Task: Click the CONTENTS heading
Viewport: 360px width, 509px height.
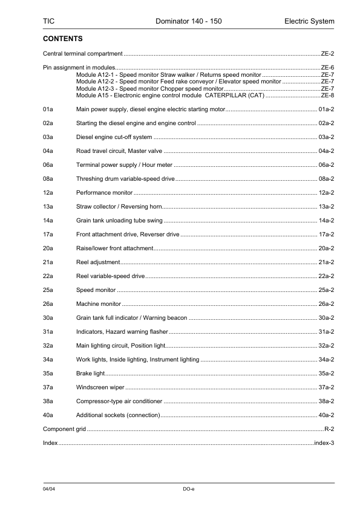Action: tap(63, 38)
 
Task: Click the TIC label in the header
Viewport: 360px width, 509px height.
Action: tap(48, 22)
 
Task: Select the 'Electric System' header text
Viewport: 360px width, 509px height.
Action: tap(309, 22)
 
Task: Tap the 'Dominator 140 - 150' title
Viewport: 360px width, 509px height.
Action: tap(188, 22)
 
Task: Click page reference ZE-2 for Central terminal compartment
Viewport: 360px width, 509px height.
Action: tap(327, 54)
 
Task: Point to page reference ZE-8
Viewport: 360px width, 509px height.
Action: tap(327, 96)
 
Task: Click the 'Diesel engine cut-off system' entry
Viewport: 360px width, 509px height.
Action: tap(114, 137)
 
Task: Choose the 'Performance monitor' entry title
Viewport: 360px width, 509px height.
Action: tap(104, 193)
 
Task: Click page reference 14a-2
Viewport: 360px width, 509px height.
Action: tap(326, 221)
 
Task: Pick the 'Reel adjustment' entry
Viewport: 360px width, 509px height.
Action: tap(98, 262)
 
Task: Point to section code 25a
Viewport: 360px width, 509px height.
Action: tap(48, 290)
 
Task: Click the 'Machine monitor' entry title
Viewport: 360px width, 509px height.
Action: tap(99, 304)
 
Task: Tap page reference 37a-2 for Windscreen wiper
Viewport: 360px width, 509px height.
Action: tap(326, 387)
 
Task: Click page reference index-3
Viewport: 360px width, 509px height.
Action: tap(324, 443)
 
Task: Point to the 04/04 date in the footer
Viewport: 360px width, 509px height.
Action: tap(49, 488)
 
